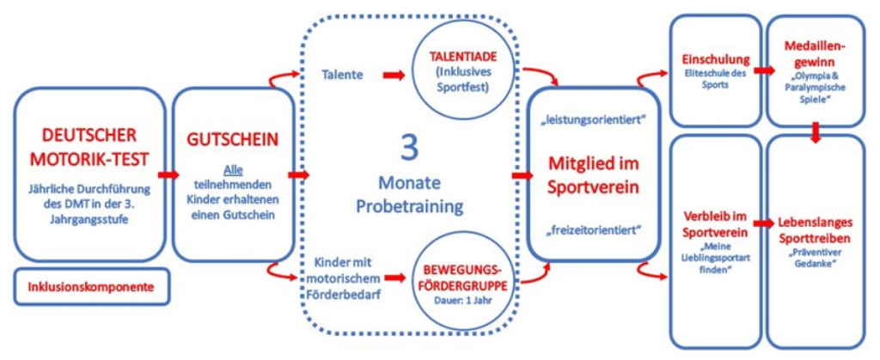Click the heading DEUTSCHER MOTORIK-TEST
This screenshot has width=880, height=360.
pyautogui.click(x=89, y=148)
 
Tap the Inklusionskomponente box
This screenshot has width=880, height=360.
pyautogui.click(x=89, y=288)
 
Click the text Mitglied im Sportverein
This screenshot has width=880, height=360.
pyautogui.click(x=595, y=172)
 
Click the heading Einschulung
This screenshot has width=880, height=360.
pyautogui.click(x=715, y=60)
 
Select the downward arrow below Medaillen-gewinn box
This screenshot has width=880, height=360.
pyautogui.click(x=816, y=130)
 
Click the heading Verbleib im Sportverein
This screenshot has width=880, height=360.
pyautogui.click(x=714, y=222)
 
